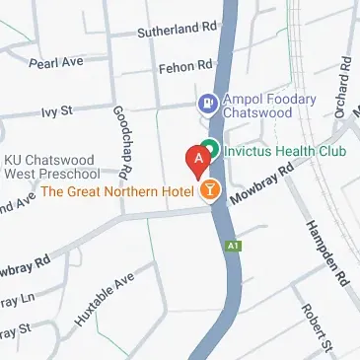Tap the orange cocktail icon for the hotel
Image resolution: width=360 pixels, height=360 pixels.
coord(209,189)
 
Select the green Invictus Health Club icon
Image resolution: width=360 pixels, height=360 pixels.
coord(210,152)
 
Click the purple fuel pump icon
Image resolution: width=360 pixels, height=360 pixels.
coord(207,101)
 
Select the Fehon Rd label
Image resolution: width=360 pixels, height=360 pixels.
coord(184,67)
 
